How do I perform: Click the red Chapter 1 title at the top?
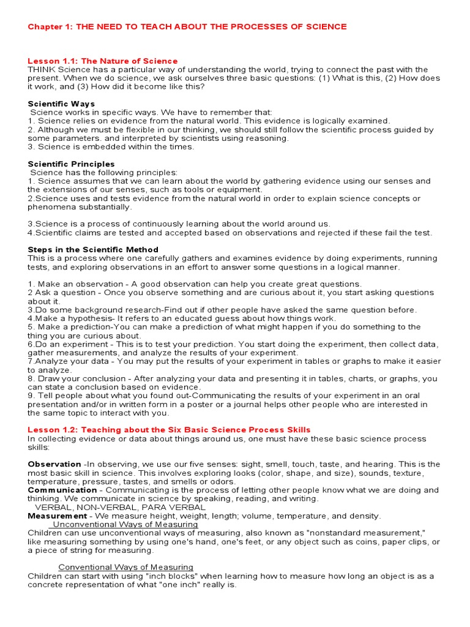tap(187, 26)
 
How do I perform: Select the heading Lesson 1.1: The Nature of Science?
tap(103, 61)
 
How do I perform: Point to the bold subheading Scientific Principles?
tap(71, 164)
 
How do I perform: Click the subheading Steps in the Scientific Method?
tap(93, 249)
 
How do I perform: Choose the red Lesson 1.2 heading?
tap(169, 430)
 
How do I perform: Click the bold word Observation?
tap(54, 464)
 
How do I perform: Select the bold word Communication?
tap(62, 490)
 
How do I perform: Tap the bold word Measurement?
tap(58, 516)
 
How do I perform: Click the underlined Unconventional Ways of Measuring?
tap(125, 525)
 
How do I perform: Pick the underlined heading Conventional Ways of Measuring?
tap(125, 567)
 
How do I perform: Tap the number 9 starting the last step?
tap(31, 396)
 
